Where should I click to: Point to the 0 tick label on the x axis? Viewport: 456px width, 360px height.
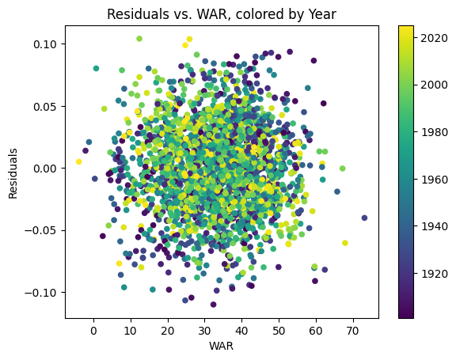coord(93,330)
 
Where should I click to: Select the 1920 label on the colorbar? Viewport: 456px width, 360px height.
coord(435,273)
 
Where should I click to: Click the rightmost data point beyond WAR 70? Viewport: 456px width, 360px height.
coord(364,218)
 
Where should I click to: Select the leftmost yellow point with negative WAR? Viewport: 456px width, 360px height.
coord(78,161)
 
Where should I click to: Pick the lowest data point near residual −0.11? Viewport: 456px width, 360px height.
coord(213,305)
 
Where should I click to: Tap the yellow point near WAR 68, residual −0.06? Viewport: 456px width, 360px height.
coord(345,243)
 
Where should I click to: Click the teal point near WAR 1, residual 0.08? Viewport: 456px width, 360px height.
coord(97,69)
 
